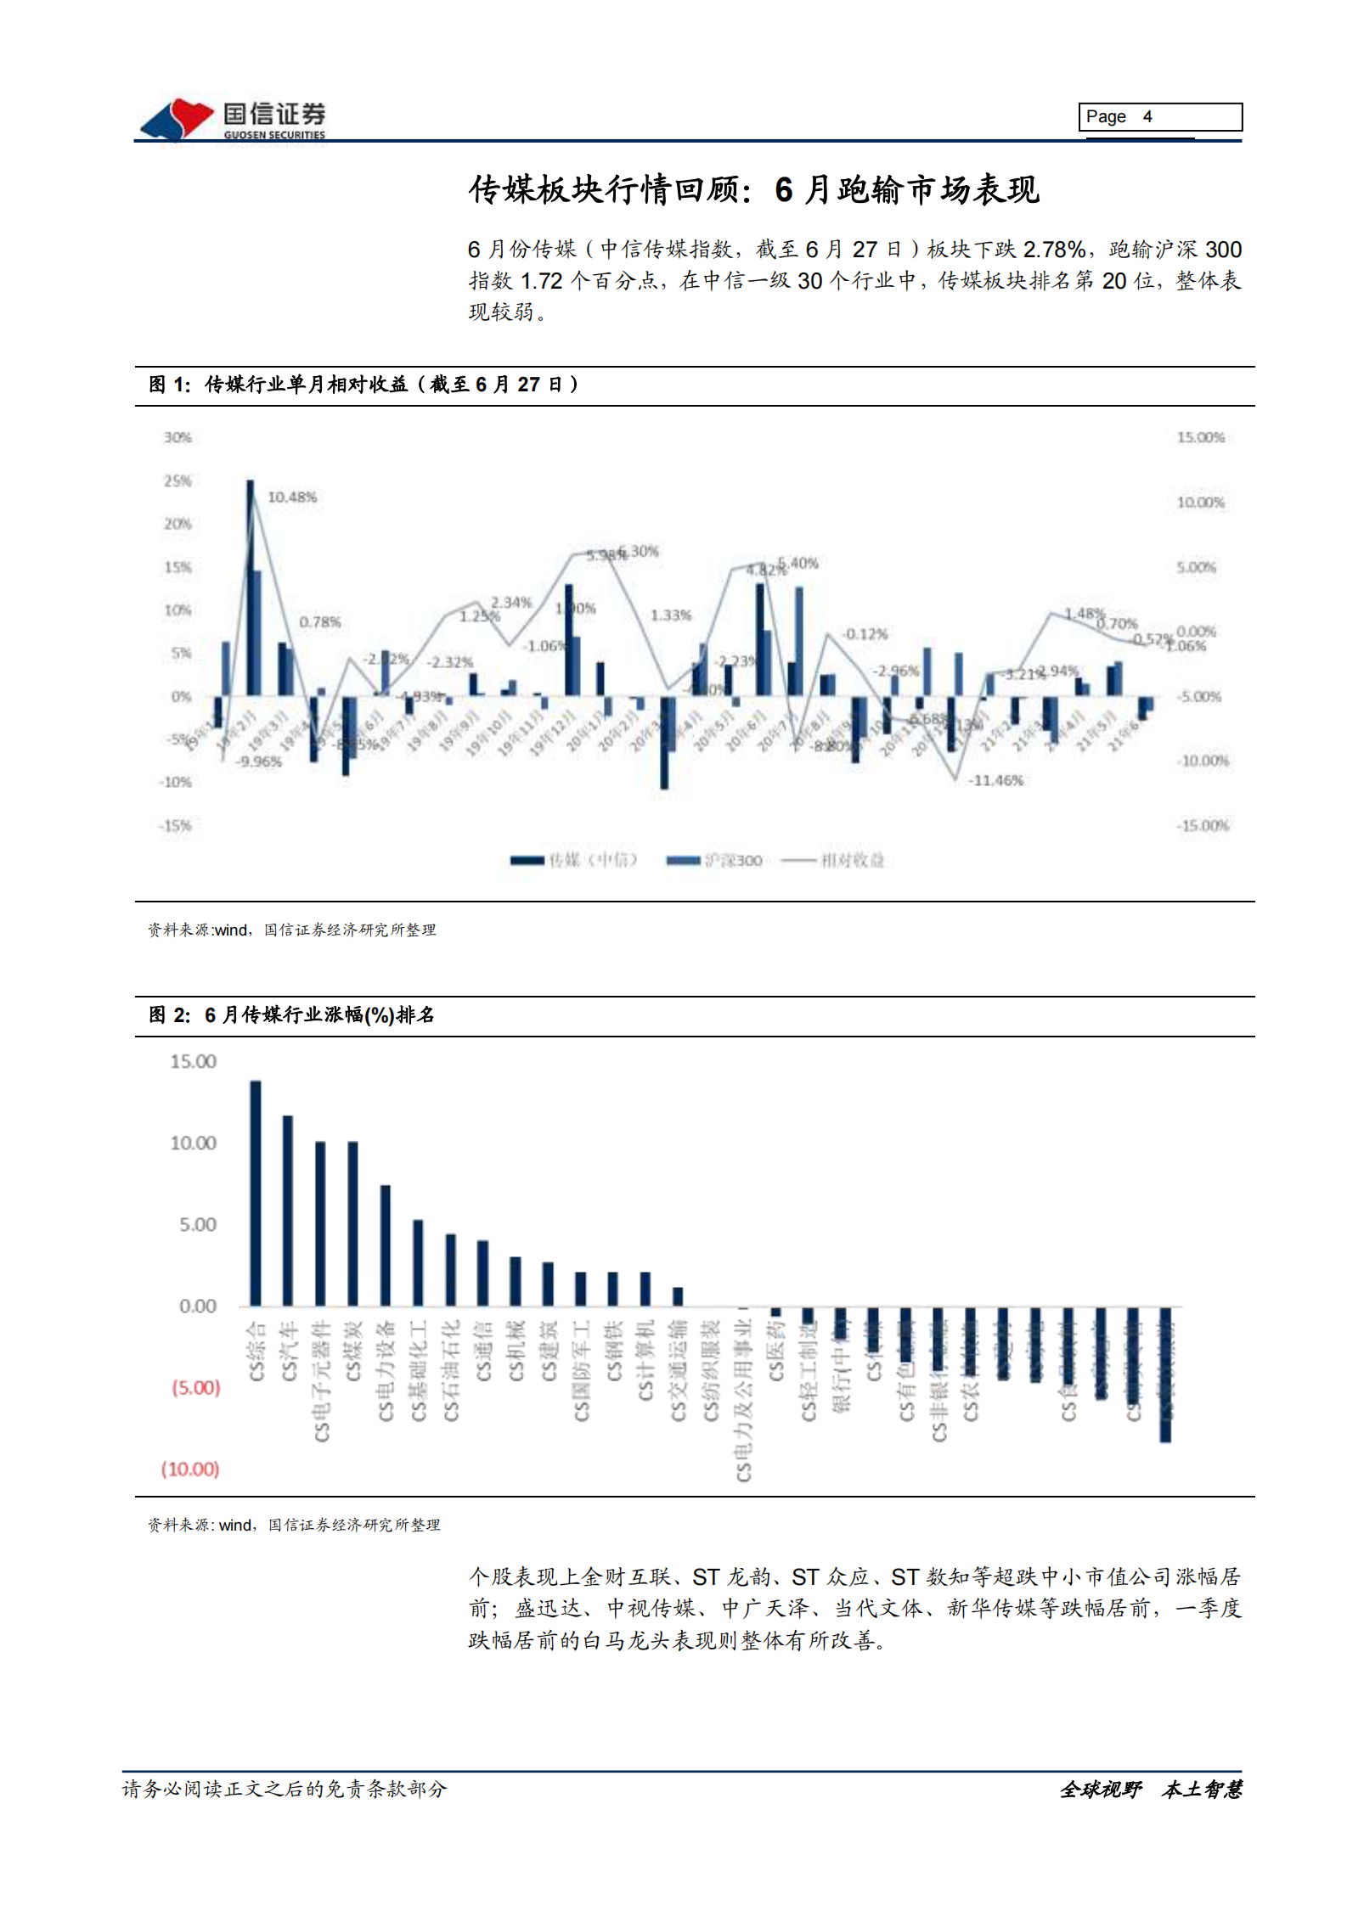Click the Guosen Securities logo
(x=232, y=119)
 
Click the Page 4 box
(x=1159, y=116)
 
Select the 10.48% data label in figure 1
(x=291, y=497)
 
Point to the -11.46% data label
(x=995, y=780)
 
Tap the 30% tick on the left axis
(x=178, y=437)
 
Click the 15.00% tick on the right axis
(x=1199, y=437)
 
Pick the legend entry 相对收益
(x=833, y=860)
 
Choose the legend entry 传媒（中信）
(x=574, y=860)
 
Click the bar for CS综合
(x=255, y=1193)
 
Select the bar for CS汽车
(x=288, y=1210)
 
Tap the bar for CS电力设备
(x=386, y=1245)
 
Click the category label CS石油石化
(x=451, y=1369)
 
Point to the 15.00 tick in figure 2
(x=193, y=1061)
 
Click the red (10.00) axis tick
(x=190, y=1469)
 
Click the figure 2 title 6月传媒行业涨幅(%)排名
(x=319, y=1014)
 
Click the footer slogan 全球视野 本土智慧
(x=1150, y=1789)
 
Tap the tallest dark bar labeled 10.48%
(x=250, y=587)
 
